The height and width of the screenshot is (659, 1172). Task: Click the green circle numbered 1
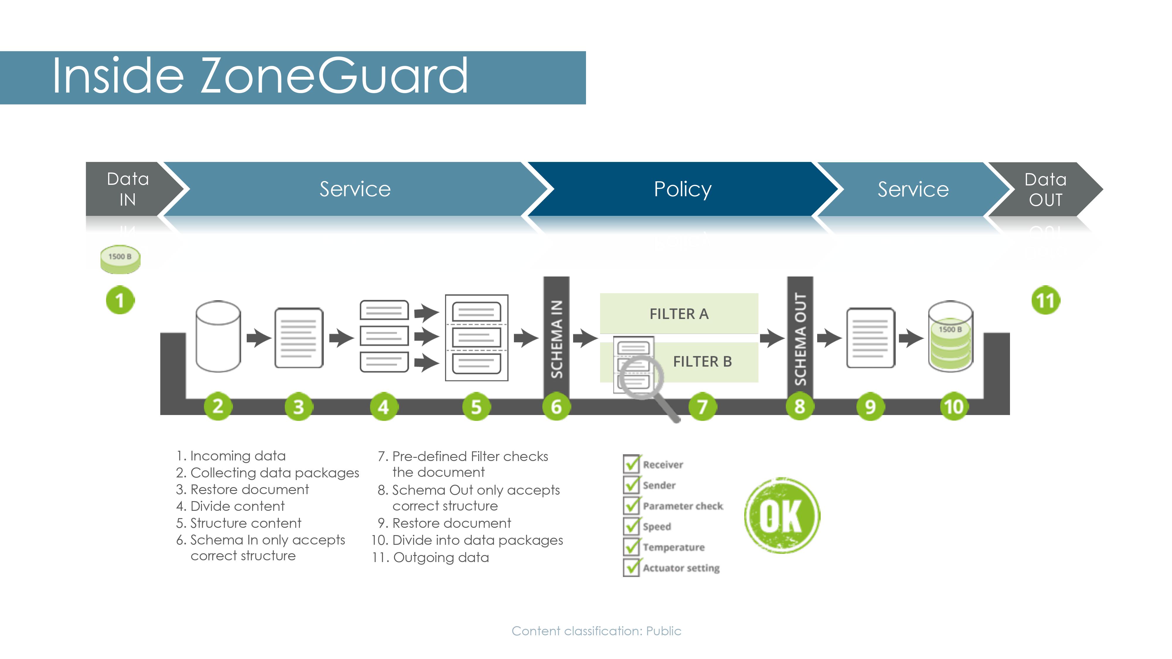click(x=120, y=300)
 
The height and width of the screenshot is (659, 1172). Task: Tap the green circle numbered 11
click(x=1045, y=300)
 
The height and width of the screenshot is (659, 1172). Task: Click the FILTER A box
click(x=679, y=314)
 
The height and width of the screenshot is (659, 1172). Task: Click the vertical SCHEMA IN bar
click(x=556, y=339)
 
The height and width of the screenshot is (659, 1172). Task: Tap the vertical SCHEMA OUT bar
click(x=800, y=339)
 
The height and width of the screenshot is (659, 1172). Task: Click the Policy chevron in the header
click(x=682, y=189)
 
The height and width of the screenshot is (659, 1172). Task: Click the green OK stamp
click(x=782, y=515)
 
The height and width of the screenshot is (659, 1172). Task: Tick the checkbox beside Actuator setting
click(x=631, y=567)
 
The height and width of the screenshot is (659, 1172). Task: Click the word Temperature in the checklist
click(x=674, y=547)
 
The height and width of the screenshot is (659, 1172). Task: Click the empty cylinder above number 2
click(x=218, y=337)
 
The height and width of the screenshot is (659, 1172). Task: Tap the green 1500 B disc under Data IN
click(x=120, y=259)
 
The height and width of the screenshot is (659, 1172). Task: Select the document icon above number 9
click(x=870, y=338)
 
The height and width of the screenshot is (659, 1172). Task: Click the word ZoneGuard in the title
click(x=334, y=76)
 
